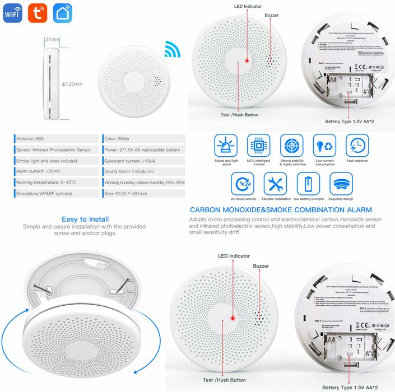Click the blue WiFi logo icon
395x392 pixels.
coord(12,13)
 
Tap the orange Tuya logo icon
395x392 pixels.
coord(38,13)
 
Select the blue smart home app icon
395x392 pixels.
coord(63,13)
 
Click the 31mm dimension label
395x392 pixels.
coord(53,40)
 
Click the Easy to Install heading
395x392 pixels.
coord(86,219)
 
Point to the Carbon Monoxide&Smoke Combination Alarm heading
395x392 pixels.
coord(281,210)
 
